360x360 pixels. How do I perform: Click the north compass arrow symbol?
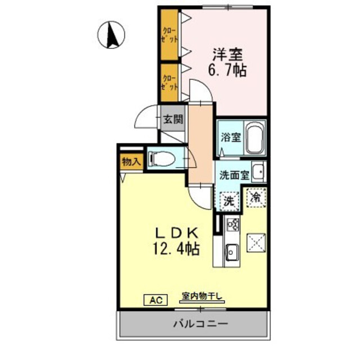click(111, 34)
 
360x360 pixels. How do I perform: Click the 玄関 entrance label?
click(172, 119)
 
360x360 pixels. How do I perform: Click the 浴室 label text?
click(229, 136)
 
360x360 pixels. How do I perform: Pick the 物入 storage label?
click(130, 161)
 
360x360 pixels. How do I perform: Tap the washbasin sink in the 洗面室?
click(258, 171)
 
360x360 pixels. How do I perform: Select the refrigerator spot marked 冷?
click(255, 197)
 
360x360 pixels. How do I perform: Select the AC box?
click(155, 300)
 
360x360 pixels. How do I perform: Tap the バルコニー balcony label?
click(200, 324)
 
